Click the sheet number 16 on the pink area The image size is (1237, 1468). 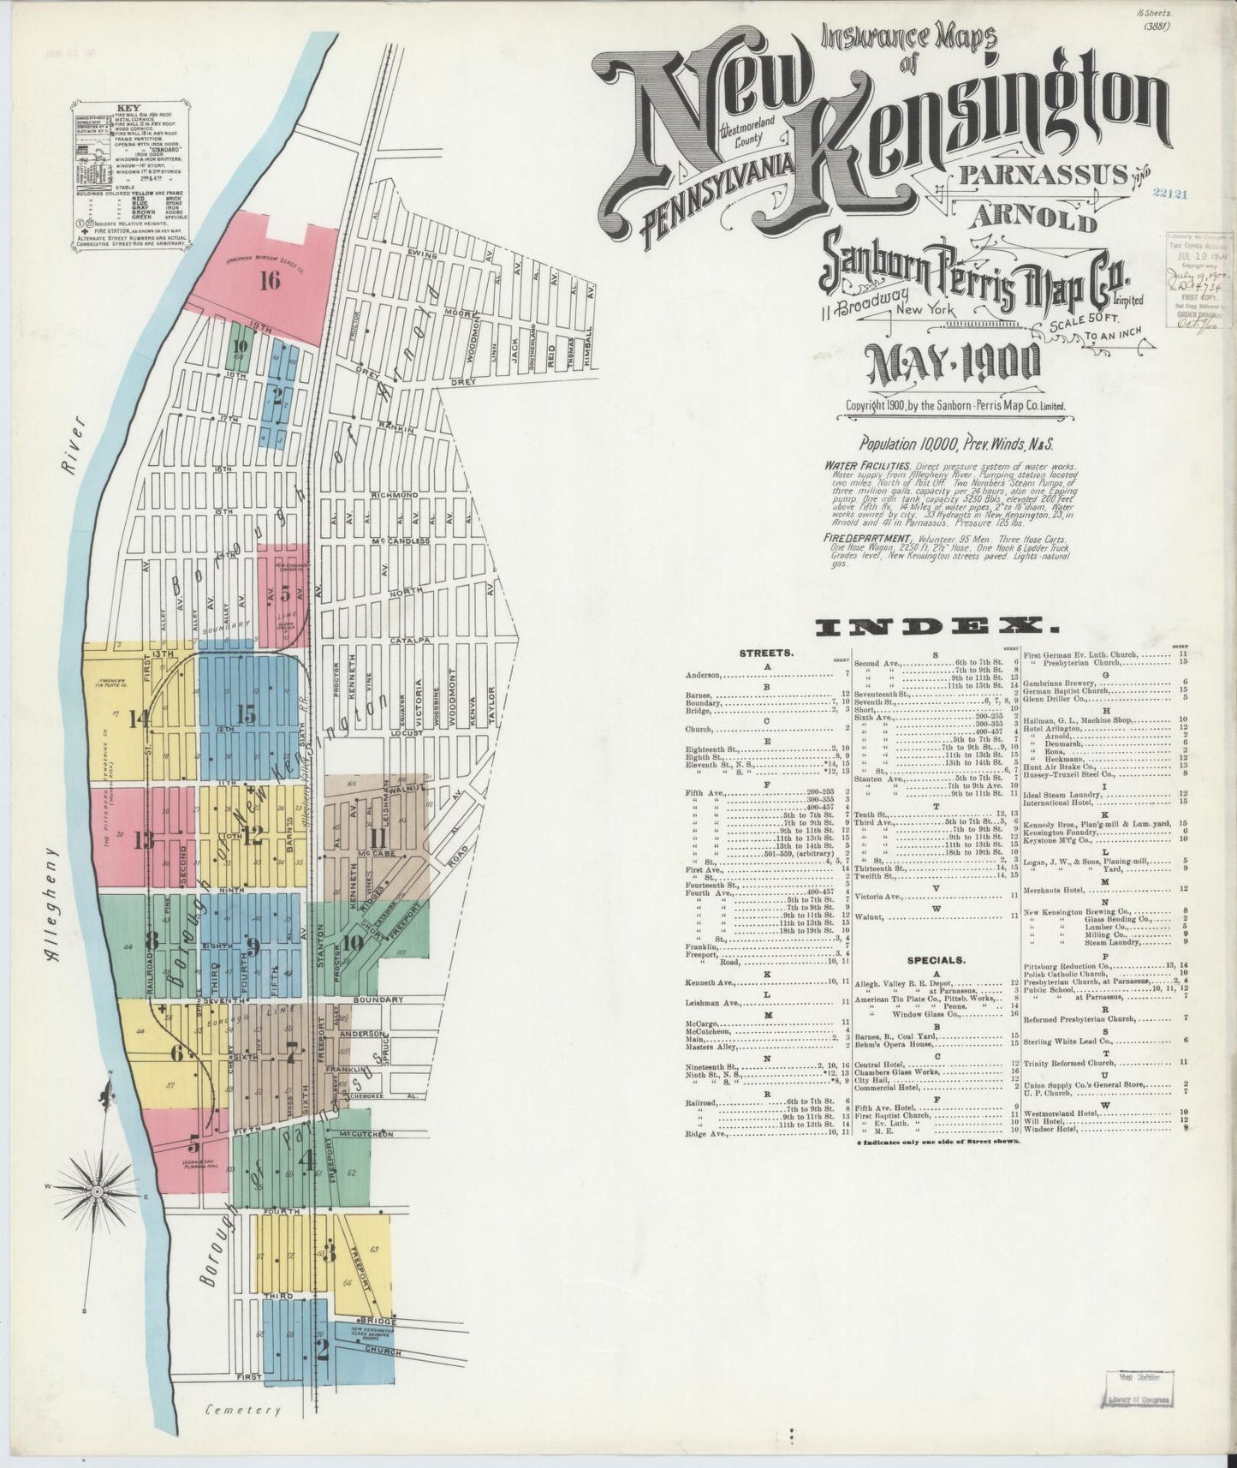point(270,280)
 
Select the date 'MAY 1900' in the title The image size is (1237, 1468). point(954,366)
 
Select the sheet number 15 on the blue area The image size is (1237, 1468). point(247,713)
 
